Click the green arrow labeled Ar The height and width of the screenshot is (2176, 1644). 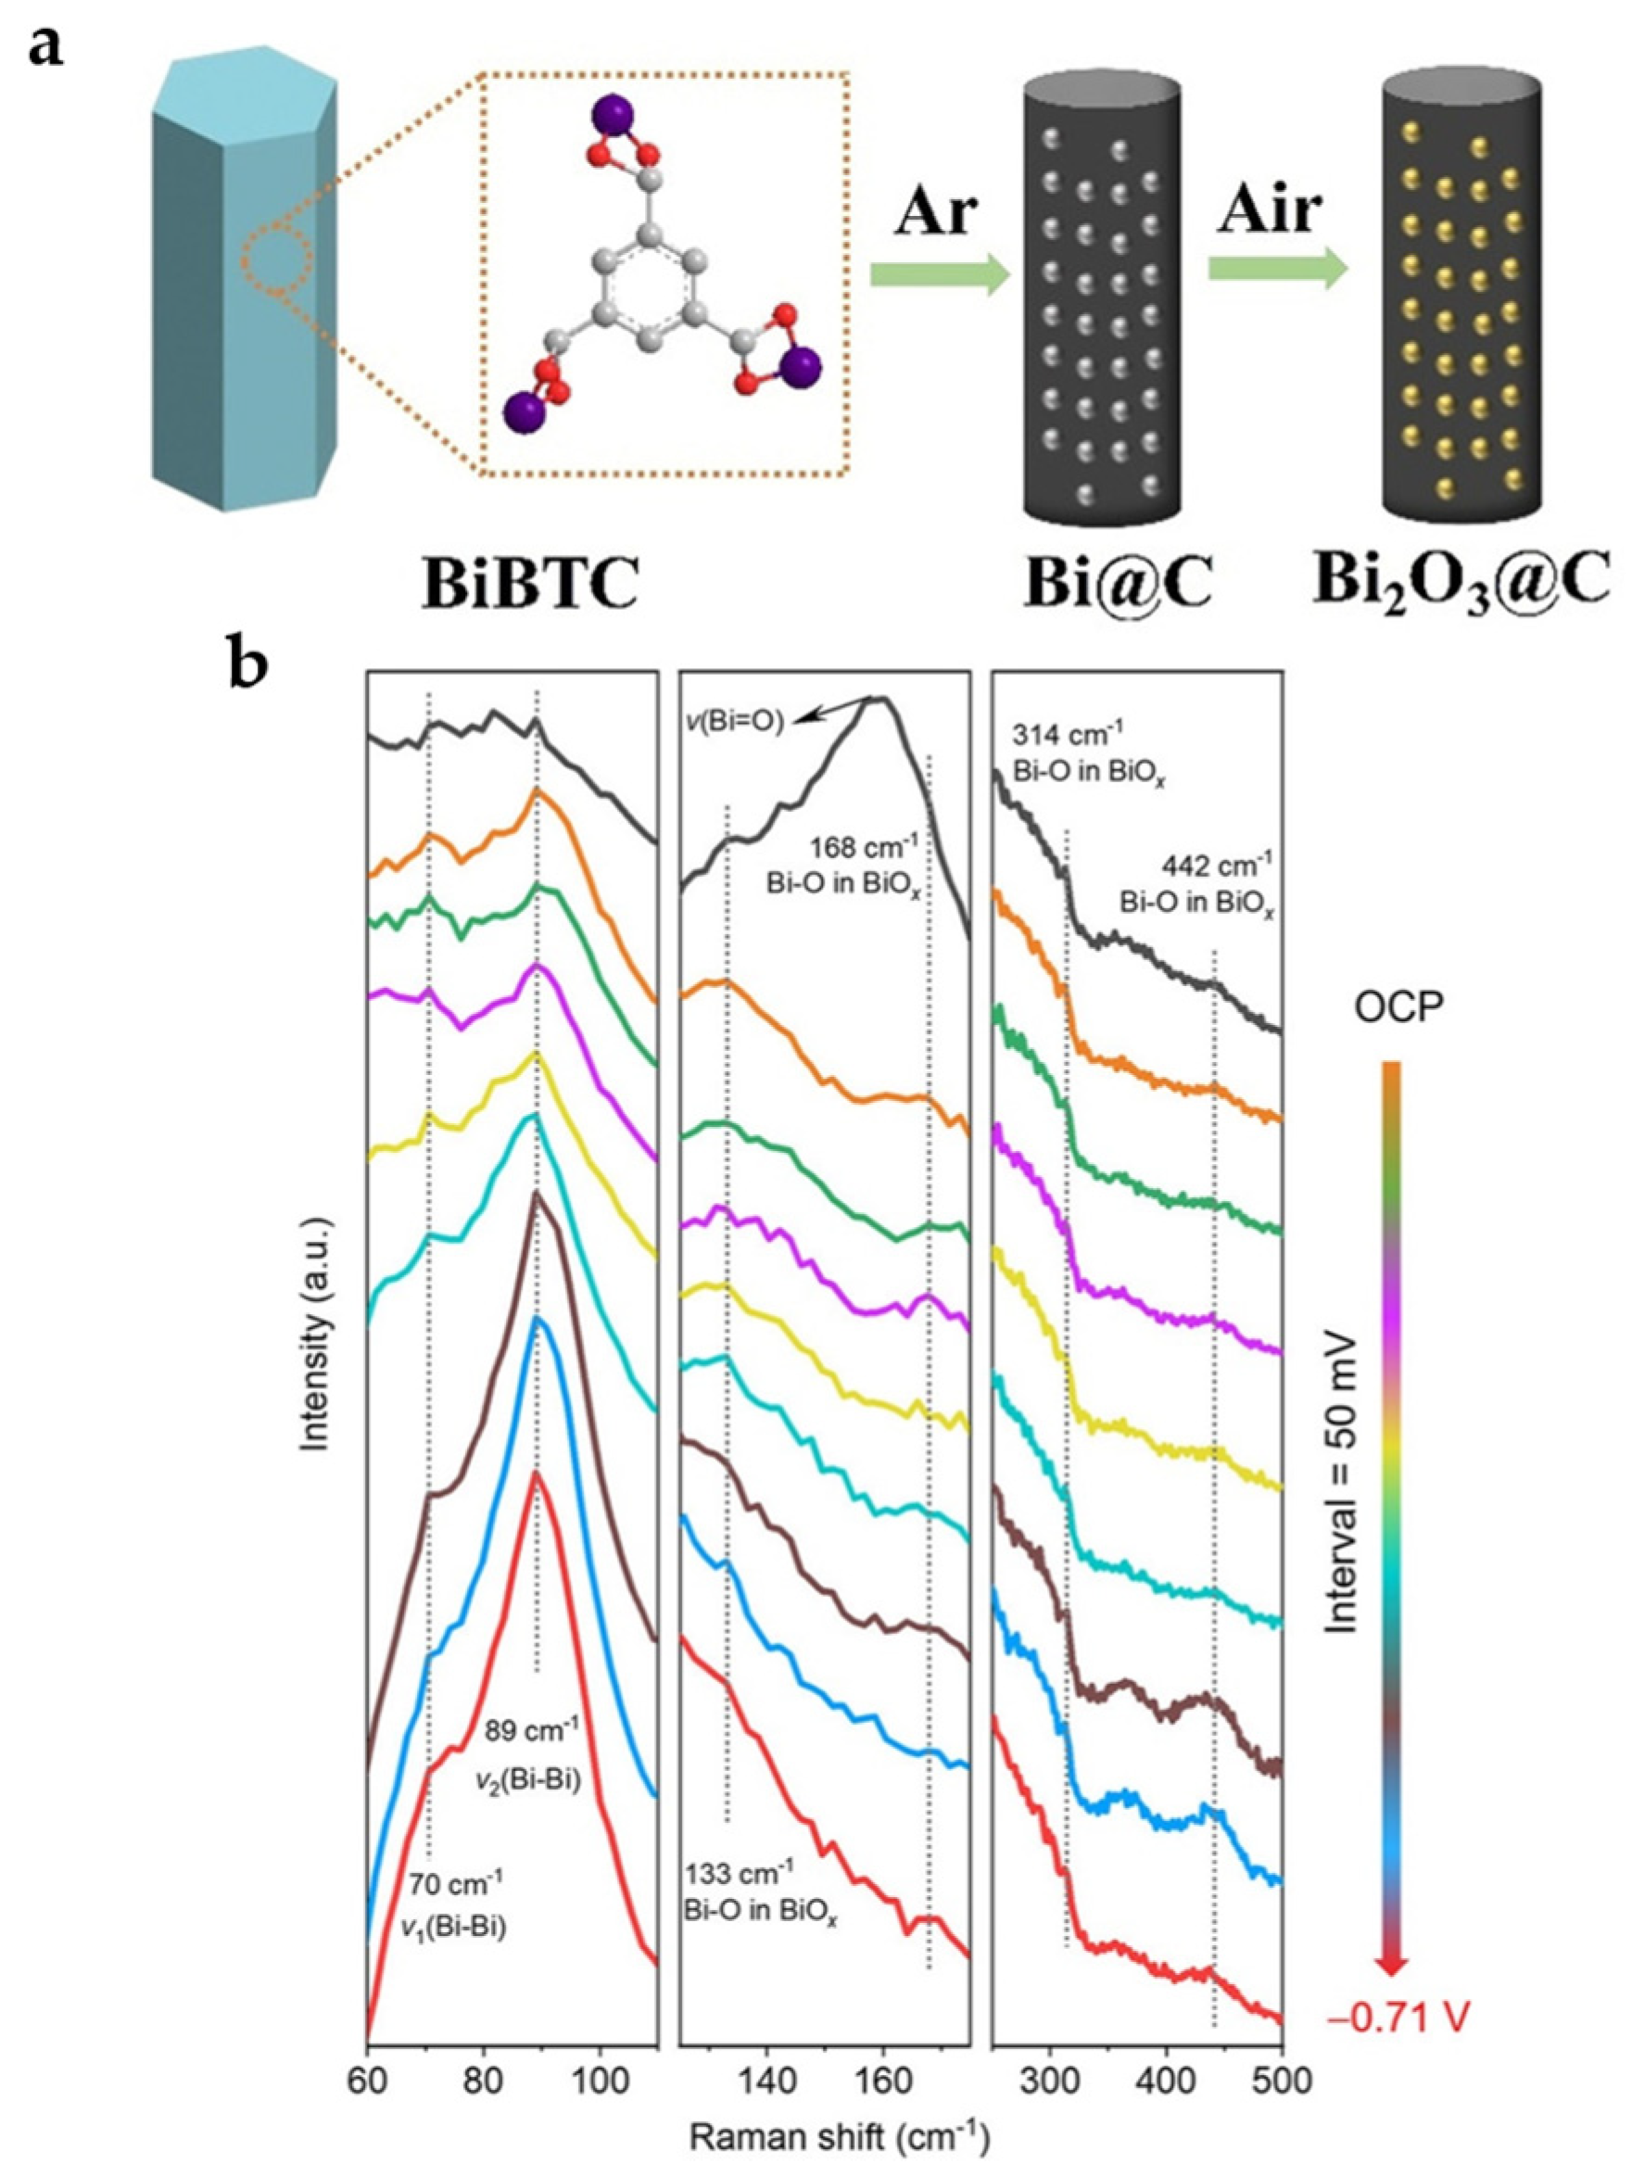(x=940, y=274)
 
